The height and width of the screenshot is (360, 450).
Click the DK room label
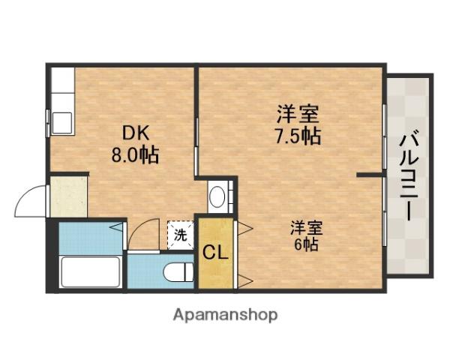point(136,133)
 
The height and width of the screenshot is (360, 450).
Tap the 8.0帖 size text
point(135,155)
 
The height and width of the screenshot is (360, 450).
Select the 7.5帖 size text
point(298,136)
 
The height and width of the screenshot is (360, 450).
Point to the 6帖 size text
point(306,244)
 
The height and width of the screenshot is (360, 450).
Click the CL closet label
point(215,253)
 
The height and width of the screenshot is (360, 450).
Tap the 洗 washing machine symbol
point(181,235)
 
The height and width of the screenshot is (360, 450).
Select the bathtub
point(91,271)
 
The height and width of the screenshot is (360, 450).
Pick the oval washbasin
point(217,196)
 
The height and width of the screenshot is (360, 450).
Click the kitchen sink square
point(62,123)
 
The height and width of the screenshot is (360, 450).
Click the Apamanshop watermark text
point(225,315)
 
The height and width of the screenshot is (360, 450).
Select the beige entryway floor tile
point(68,196)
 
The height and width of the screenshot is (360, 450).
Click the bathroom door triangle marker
point(117,227)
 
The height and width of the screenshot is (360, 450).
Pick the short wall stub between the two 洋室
point(370,175)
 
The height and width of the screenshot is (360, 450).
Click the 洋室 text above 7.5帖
point(298,114)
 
